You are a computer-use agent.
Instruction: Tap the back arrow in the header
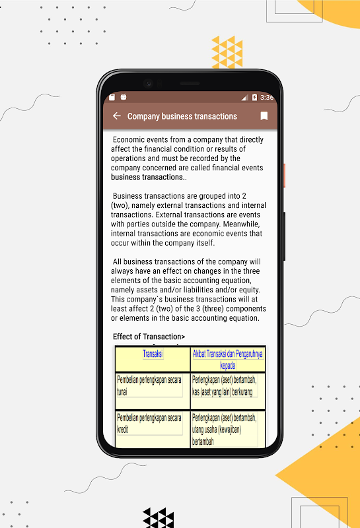117,116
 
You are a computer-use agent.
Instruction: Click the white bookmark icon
264,116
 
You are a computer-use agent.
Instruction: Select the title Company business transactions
182,116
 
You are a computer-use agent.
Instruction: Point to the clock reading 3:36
267,97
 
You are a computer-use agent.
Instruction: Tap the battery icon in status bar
254,97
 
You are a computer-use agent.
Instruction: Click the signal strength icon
245,97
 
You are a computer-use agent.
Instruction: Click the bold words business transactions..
147,177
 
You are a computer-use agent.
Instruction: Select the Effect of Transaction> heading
149,337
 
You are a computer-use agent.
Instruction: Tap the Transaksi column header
153,354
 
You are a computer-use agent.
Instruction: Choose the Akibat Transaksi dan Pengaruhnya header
227,359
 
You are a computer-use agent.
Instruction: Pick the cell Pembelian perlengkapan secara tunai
149,385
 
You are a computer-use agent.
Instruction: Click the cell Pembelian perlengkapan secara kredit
149,423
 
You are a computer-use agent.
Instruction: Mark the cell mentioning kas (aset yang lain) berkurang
224,385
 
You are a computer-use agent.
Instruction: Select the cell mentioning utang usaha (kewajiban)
224,430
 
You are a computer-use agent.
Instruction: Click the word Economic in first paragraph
126,140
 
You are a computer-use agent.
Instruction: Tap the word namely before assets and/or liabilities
122,290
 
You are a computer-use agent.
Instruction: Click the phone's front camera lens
148,83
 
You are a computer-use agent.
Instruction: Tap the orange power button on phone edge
285,176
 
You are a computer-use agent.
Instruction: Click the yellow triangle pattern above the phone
227,52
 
